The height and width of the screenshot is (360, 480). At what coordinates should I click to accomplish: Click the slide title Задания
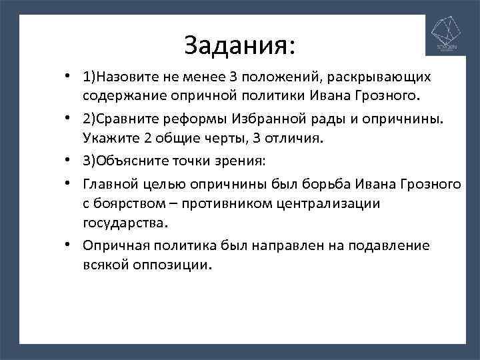click(239, 46)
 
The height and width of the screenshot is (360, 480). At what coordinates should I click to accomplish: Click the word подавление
click(391, 245)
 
